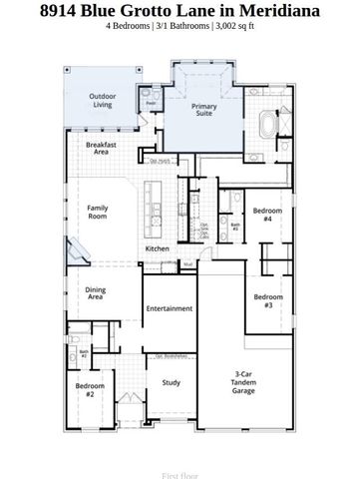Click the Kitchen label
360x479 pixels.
158,248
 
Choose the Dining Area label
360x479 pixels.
96,293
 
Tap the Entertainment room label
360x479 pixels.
169,308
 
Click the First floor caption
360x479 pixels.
180,476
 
